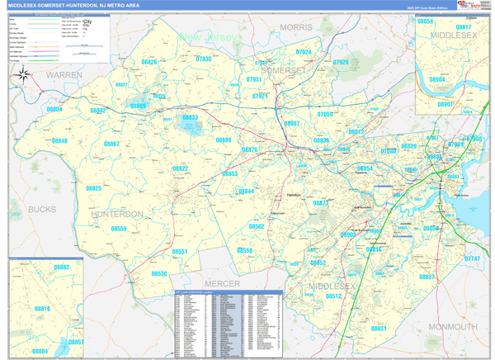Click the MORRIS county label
(296, 27)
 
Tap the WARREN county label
(64, 75)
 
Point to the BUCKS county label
(42, 210)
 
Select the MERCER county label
(222, 284)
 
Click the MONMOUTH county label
(452, 327)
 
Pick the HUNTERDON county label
(117, 214)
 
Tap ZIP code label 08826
(148, 62)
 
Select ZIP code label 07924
(304, 52)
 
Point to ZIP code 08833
(190, 118)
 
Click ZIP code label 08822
(180, 168)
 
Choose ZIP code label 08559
(118, 229)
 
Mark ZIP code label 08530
(158, 273)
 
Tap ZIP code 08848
(59, 141)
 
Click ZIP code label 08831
(378, 329)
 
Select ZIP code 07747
(471, 258)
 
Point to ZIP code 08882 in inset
(62, 268)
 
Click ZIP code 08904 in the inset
(437, 80)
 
